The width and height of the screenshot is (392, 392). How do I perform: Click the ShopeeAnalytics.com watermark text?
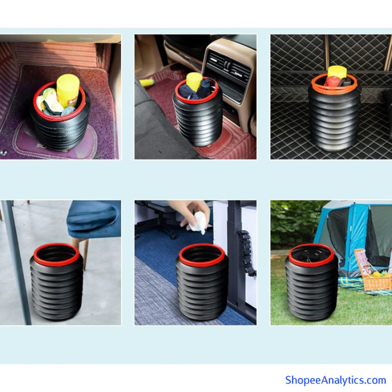pos(336,380)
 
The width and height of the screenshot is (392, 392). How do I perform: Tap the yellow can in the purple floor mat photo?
pos(68,90)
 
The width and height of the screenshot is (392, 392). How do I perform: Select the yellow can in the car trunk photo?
pos(337,72)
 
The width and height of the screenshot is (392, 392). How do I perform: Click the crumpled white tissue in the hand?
pos(198,223)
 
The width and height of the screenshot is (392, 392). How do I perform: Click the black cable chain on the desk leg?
pos(246,252)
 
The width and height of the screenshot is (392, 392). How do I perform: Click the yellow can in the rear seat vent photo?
pos(194,81)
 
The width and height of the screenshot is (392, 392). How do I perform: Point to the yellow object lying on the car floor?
pos(147,82)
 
